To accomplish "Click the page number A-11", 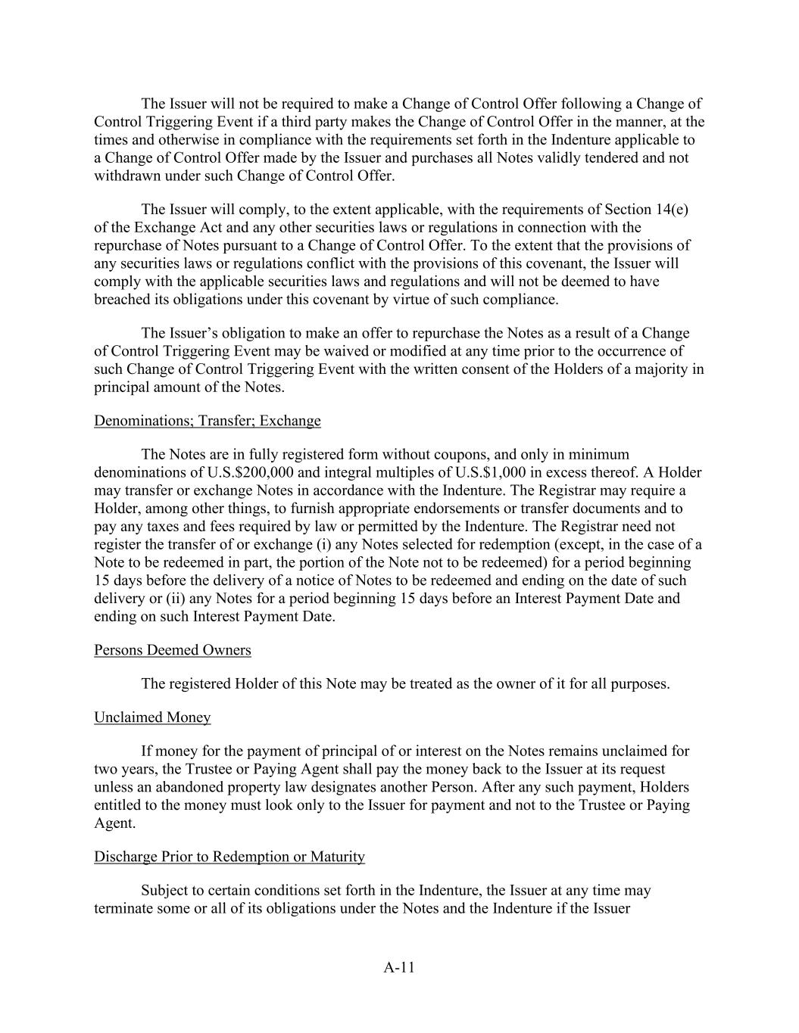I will (399, 966).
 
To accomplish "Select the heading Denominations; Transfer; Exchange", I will (207, 421).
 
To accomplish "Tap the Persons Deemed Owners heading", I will (172, 650).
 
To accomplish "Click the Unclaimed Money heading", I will (152, 717).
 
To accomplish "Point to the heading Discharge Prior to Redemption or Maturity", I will (229, 857).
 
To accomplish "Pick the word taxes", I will (164, 527).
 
